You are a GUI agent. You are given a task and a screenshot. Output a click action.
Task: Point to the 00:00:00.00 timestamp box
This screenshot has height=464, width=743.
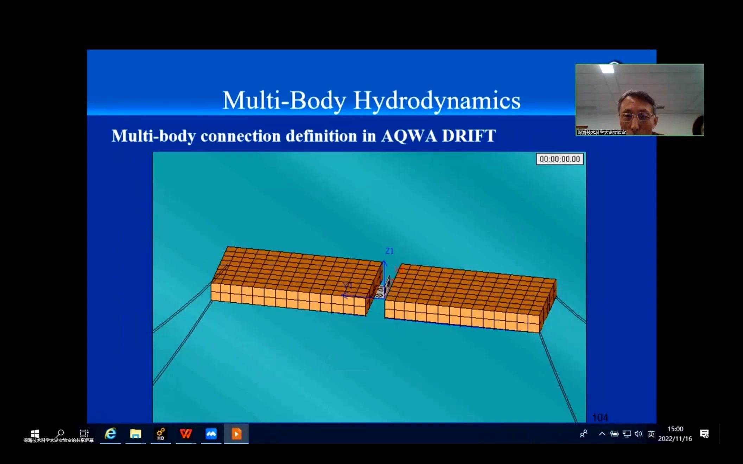coord(559,159)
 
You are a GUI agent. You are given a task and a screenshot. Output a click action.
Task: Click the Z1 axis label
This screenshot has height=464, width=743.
coord(389,251)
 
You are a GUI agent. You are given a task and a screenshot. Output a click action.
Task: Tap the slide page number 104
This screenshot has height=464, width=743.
coord(600,418)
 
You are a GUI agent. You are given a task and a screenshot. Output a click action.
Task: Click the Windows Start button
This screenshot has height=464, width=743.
coord(35,433)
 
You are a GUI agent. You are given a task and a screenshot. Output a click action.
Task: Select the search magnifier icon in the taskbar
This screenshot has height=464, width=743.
coord(60,433)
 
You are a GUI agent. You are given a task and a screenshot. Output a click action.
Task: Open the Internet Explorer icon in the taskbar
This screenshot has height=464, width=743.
coord(110,434)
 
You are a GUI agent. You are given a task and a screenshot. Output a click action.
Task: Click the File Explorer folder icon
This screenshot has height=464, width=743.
coord(135,434)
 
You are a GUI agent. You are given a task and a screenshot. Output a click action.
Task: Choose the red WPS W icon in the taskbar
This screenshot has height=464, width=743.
coord(186,434)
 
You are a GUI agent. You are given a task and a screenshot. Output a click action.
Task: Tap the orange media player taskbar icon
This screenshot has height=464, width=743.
coord(236,434)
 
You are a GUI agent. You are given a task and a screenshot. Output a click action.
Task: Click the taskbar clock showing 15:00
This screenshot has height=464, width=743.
coord(675,429)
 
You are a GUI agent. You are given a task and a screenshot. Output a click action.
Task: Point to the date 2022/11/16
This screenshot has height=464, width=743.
coord(675,439)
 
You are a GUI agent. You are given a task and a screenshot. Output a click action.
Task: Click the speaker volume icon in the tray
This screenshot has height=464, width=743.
coord(639,434)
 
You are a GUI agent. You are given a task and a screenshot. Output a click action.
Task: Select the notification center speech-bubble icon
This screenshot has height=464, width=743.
coord(704,434)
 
